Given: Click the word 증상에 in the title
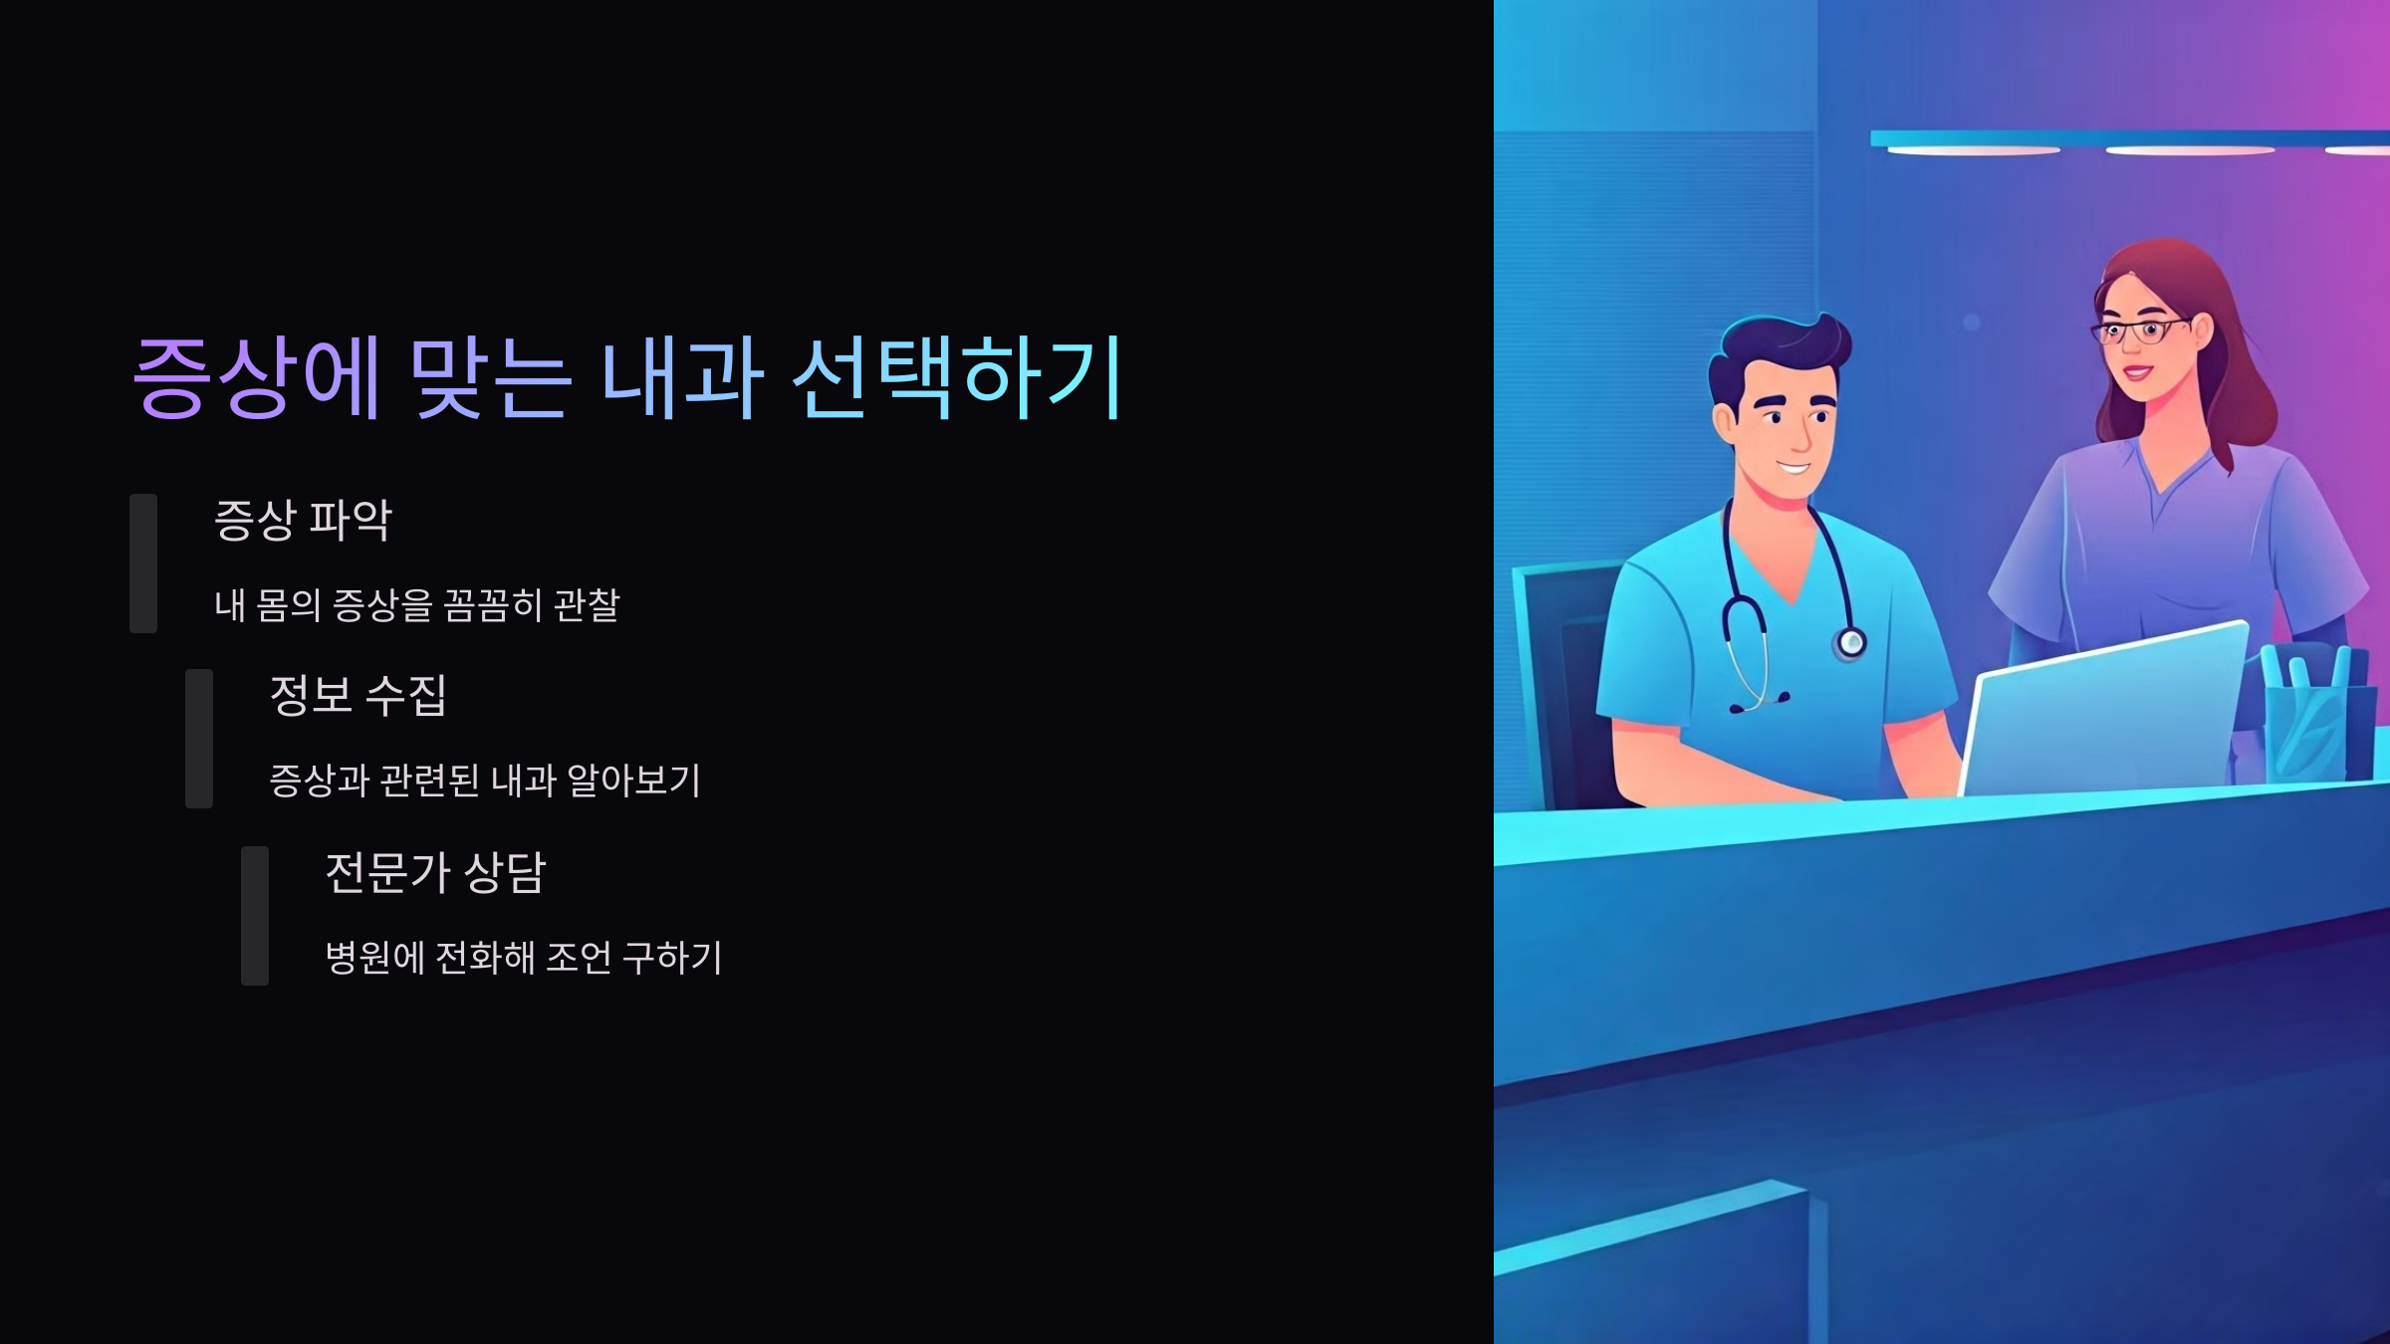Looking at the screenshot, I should tap(256, 377).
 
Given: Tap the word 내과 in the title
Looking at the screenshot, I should tap(682, 377).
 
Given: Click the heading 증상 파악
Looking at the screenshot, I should tap(304, 520).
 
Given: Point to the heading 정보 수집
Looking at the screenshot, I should tap(358, 695).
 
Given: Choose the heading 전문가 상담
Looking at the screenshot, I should tap(435, 872).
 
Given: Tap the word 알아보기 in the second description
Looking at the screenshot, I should tap(634, 781).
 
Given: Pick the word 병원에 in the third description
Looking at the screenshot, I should tap(375, 958).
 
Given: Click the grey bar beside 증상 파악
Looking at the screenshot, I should tap(143, 562).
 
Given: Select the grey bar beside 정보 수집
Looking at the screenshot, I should tap(199, 738).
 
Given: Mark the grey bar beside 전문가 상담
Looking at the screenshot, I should tap(255, 915).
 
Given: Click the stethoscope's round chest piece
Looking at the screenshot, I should tap(1851, 643).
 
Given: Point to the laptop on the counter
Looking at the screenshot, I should tap(2101, 712).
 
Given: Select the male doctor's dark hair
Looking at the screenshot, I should tap(1778, 348).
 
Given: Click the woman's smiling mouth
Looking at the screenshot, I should tap(2136, 373).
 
